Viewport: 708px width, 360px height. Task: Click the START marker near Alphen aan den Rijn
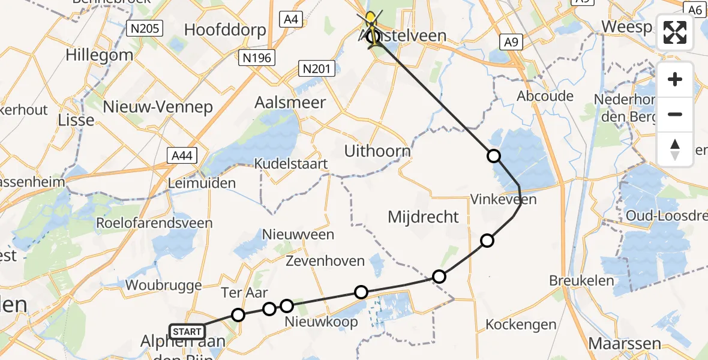pos(187,331)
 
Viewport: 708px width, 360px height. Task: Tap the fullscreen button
pos(675,32)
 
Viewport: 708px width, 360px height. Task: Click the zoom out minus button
pos(675,114)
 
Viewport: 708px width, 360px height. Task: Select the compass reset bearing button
pos(675,149)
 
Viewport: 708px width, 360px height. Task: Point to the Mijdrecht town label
pos(423,217)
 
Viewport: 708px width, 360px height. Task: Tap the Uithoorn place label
pos(377,151)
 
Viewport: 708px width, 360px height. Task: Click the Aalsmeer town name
pos(290,102)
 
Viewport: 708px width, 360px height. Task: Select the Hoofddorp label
pos(225,30)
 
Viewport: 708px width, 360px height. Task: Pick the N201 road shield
pos(316,70)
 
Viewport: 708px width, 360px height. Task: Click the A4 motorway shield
pos(290,19)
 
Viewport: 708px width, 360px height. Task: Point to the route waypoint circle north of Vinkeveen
pos(493,156)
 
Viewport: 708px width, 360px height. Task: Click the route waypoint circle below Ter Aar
pos(238,315)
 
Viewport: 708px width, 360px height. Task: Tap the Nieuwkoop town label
pos(321,322)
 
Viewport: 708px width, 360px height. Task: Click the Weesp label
pos(626,28)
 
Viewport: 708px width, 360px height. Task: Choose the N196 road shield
pos(256,58)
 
